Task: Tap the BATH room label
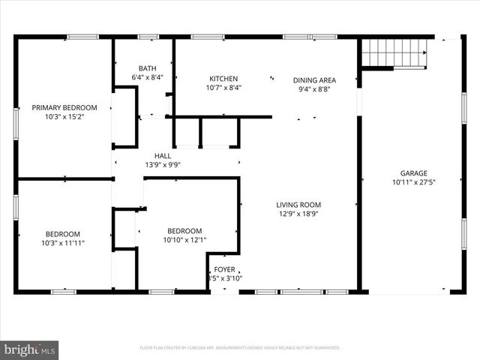[147, 68]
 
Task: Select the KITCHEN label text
[223, 79]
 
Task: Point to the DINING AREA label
[313, 80]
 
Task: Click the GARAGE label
[412, 172]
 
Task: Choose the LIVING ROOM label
[298, 204]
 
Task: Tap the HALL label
[163, 156]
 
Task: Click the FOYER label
[224, 269]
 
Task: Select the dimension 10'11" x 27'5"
[412, 182]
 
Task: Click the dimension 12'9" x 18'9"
[298, 214]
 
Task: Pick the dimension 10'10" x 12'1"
[184, 240]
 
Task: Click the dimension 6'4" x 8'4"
[147, 77]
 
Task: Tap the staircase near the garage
[394, 53]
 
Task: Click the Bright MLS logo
[30, 349]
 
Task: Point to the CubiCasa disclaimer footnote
[240, 348]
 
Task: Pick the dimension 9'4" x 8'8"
[313, 89]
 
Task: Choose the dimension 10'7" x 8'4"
[223, 88]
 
